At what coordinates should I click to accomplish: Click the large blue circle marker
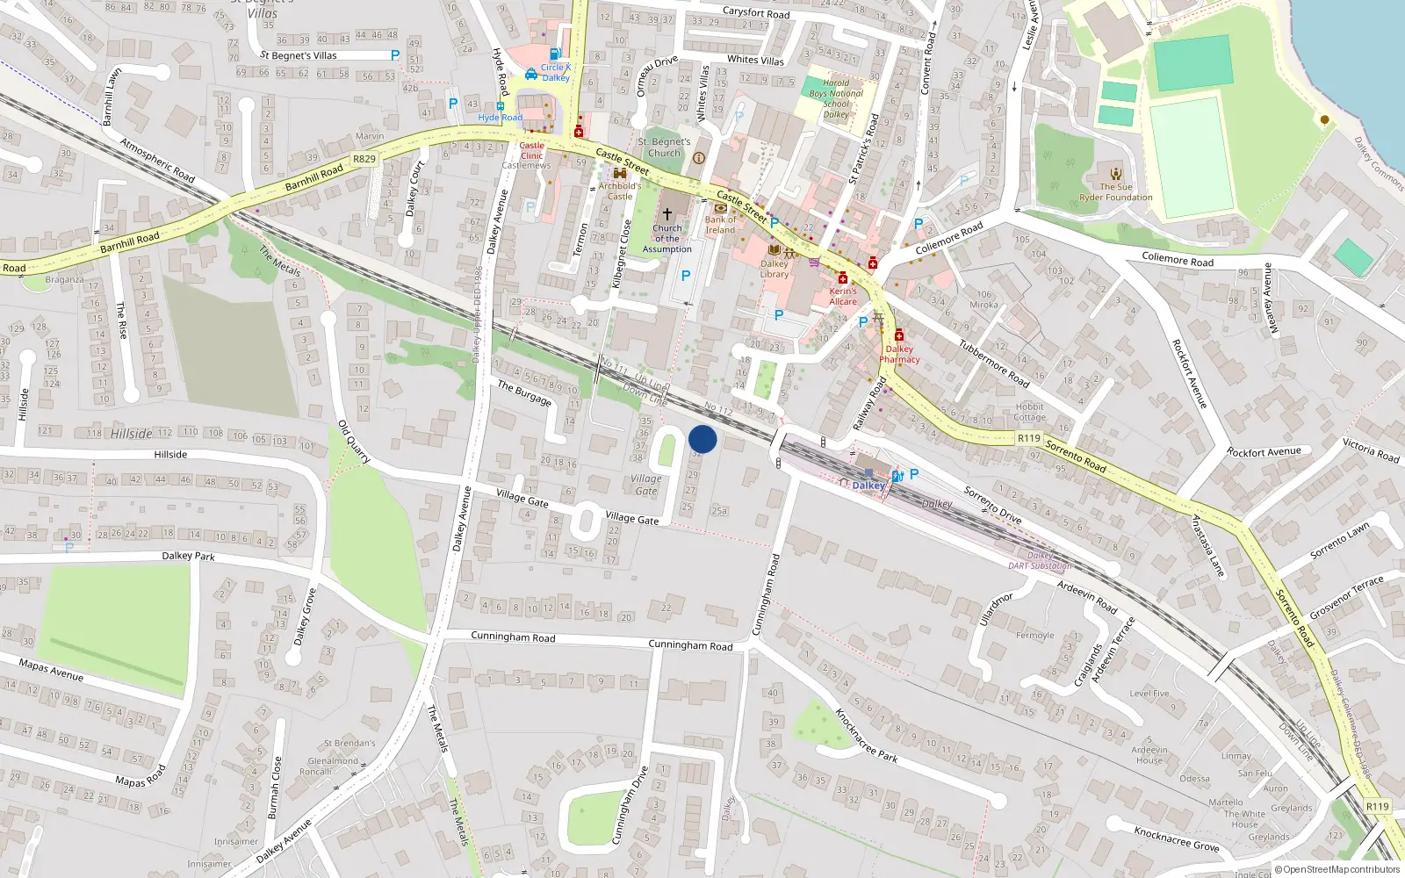click(702, 439)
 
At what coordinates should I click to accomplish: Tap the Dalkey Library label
click(775, 269)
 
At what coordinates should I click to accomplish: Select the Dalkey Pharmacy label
click(899, 354)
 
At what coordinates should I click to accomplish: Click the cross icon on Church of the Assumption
click(667, 214)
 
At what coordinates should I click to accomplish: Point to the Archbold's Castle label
click(620, 191)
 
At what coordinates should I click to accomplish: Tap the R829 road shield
click(364, 159)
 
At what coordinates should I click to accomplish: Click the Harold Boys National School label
click(836, 98)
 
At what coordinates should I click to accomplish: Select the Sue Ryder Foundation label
click(1116, 192)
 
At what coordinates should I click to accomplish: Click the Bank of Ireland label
click(720, 225)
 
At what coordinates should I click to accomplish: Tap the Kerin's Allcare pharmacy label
click(843, 296)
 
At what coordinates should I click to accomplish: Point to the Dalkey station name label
click(868, 486)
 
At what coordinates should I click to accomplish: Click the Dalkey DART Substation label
click(1040, 560)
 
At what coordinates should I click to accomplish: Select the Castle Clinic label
click(531, 150)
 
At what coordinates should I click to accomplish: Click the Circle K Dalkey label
click(555, 72)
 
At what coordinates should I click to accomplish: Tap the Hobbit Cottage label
click(1029, 412)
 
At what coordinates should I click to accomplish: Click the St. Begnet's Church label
click(664, 147)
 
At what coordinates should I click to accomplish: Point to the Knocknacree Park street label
click(866, 736)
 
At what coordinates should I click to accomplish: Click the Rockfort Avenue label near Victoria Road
click(1264, 452)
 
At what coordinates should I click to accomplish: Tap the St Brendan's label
click(349, 743)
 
